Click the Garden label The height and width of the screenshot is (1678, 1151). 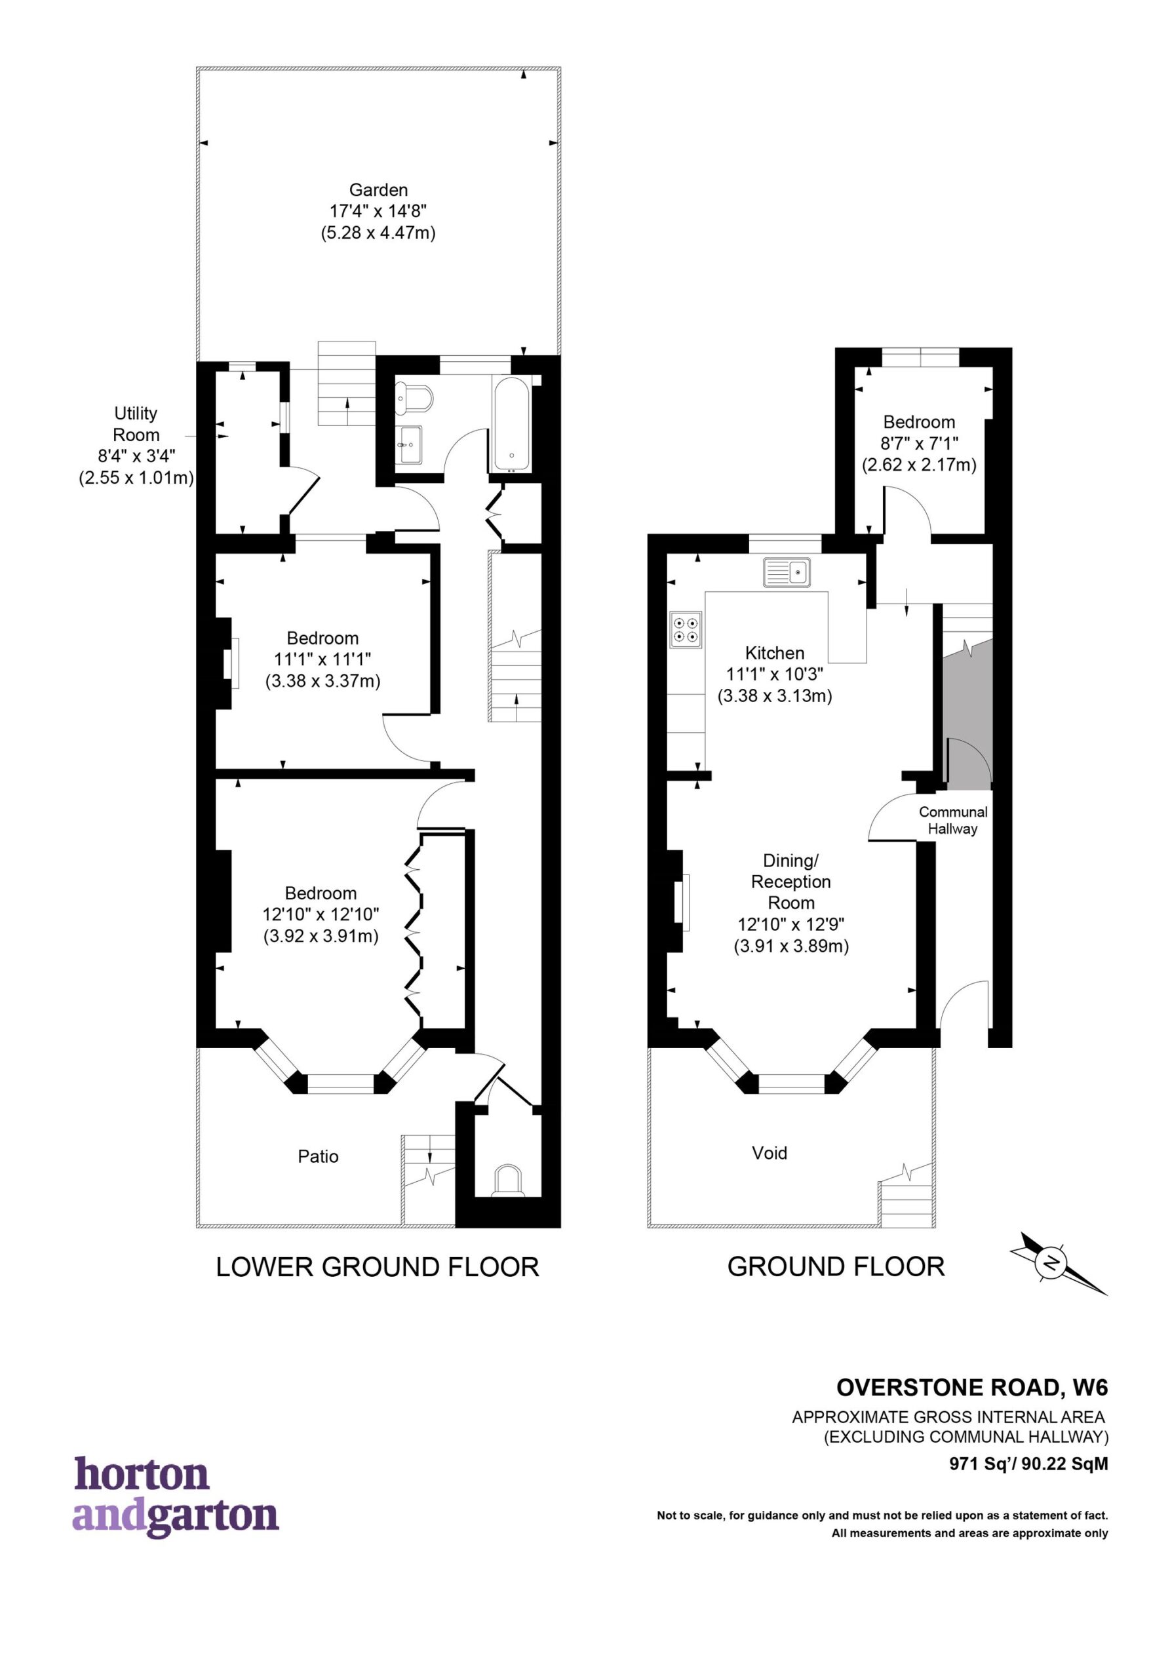tap(378, 190)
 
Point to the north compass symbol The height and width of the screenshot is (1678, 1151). tap(1059, 1263)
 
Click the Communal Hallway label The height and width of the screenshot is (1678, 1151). tap(952, 820)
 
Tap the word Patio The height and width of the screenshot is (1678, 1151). tap(318, 1157)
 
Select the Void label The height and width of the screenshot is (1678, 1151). tap(769, 1153)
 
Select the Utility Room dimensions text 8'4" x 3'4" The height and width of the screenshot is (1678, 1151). tap(136, 456)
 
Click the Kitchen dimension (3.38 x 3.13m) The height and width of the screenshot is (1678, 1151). tap(775, 696)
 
